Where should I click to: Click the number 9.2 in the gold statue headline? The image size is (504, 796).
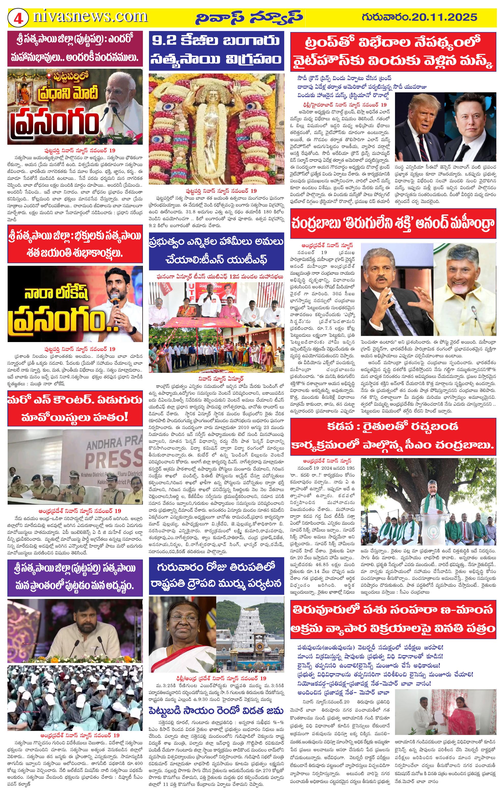tap(165, 41)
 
